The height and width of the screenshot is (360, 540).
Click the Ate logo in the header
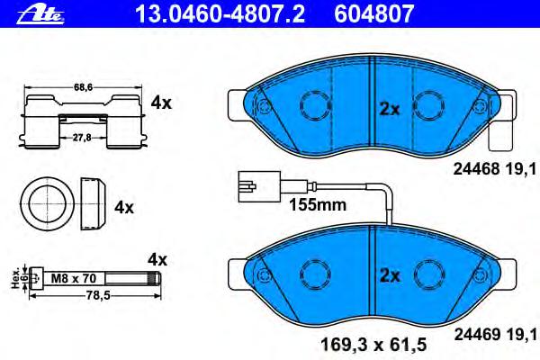pyautogui.click(x=40, y=14)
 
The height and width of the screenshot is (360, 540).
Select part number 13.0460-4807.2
pyautogui.click(x=220, y=13)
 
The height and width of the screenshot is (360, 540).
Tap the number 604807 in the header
pyautogui.click(x=373, y=13)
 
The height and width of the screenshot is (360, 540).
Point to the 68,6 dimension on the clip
pyautogui.click(x=83, y=87)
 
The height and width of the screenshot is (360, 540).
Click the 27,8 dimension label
pyautogui.click(x=82, y=138)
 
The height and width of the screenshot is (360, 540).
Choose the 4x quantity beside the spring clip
pyautogui.click(x=161, y=103)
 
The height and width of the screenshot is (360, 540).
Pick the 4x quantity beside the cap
pyautogui.click(x=124, y=207)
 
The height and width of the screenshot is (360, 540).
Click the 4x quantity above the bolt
pyautogui.click(x=157, y=260)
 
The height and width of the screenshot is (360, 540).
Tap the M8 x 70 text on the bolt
pyautogui.click(x=74, y=278)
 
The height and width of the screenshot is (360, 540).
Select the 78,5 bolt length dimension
pyautogui.click(x=97, y=295)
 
